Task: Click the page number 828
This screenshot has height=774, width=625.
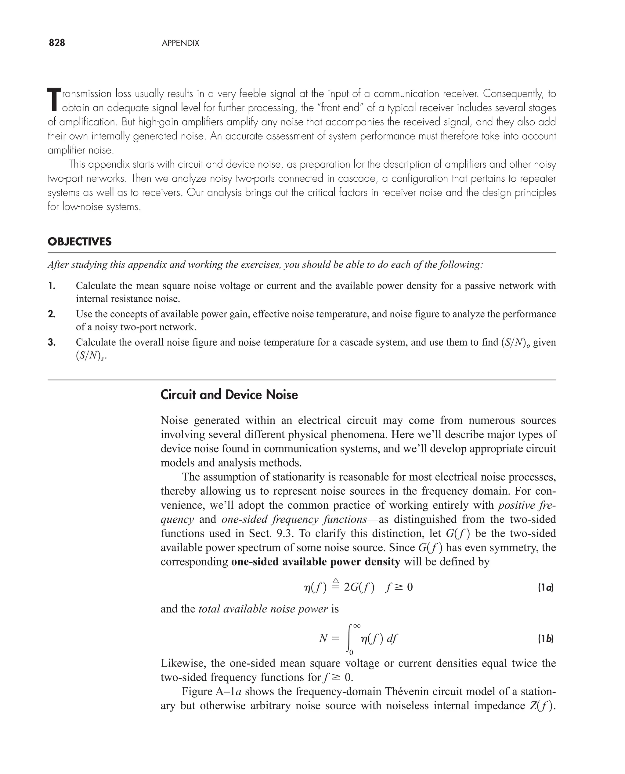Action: tap(57, 43)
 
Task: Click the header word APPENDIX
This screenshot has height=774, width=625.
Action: tap(180, 43)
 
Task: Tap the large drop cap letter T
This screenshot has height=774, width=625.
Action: tap(53, 100)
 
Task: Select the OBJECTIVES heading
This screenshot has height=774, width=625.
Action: tap(80, 242)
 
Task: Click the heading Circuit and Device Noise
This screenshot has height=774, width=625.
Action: tap(229, 395)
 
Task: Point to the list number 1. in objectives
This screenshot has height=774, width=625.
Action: tap(52, 286)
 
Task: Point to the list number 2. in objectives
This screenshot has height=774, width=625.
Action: tap(52, 314)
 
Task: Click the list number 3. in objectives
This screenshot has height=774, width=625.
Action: tap(52, 342)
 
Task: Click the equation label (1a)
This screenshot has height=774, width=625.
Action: tap(545, 588)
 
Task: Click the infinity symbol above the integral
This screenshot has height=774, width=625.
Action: tap(356, 626)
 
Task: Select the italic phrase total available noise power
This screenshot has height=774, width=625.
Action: tap(263, 609)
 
